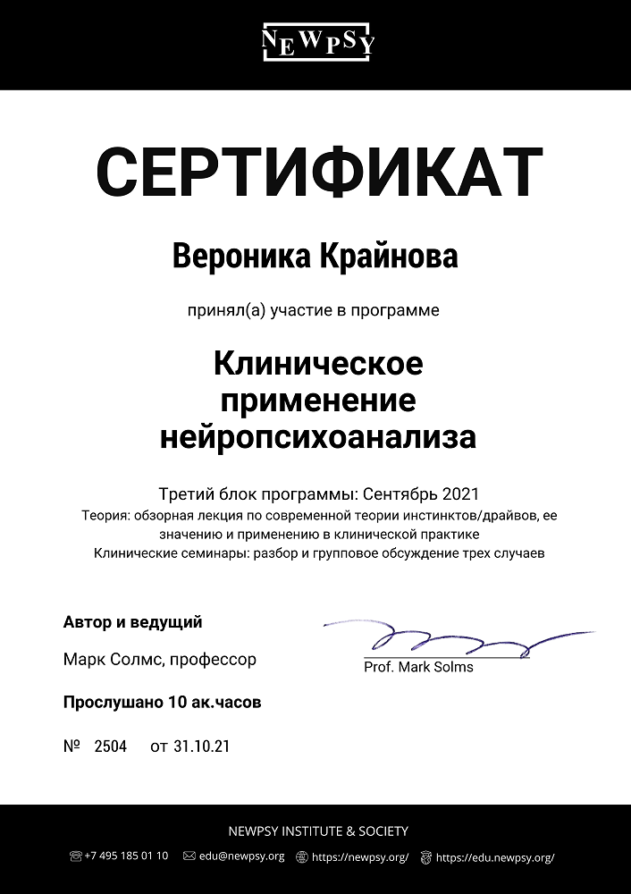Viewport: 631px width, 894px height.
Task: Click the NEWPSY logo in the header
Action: pos(317,41)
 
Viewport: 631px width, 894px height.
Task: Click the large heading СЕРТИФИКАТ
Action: pos(319,173)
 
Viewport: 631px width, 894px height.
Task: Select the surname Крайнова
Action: pos(388,257)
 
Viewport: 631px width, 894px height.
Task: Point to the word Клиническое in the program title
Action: pos(318,364)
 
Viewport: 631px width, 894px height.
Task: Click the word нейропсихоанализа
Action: pos(318,437)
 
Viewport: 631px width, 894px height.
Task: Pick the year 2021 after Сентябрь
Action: pos(460,493)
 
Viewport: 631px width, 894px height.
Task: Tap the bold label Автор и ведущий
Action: pos(133,622)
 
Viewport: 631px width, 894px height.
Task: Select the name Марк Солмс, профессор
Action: pos(160,660)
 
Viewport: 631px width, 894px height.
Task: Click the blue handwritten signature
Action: pos(447,639)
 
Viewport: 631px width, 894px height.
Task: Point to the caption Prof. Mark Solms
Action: pos(418,667)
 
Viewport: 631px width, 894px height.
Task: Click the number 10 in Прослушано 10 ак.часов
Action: pos(177,703)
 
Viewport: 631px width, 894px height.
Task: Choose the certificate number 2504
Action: pos(111,746)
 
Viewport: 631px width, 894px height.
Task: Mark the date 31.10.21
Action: pos(203,746)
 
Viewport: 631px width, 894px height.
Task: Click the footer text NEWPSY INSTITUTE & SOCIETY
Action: pos(318,831)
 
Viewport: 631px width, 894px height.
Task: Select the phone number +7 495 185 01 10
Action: pos(126,856)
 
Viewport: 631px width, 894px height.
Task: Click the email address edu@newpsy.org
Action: pos(241,856)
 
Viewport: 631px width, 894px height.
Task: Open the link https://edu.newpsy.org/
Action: pos(495,857)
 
